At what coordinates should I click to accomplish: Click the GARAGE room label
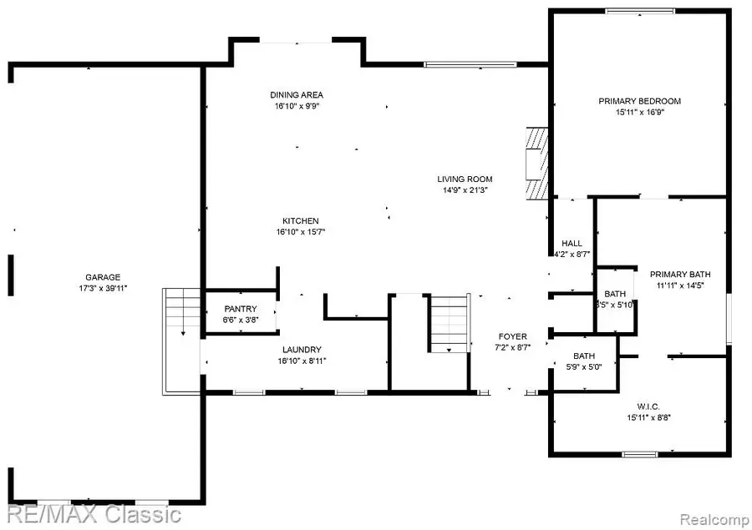103,277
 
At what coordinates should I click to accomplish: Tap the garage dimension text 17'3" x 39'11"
103,288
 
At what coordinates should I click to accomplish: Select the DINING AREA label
296,95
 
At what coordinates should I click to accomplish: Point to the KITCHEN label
300,220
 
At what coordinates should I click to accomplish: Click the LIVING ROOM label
465,179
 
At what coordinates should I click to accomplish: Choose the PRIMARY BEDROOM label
639,101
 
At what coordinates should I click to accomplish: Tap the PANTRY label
241,309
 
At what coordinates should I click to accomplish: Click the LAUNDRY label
302,350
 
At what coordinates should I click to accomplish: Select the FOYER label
513,336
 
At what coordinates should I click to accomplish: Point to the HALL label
572,243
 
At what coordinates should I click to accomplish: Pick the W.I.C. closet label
648,406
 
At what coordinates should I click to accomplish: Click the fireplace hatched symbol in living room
534,164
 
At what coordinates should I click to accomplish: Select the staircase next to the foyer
450,324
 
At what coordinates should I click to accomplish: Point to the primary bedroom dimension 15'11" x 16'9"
639,113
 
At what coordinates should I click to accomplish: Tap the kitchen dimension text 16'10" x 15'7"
300,232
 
